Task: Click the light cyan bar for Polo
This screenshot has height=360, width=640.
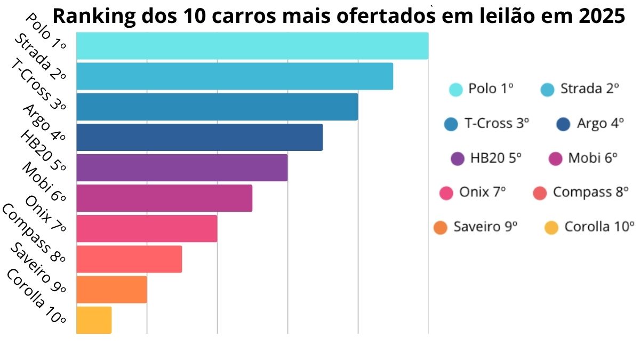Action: (252, 46)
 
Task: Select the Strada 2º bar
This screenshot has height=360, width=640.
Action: (235, 76)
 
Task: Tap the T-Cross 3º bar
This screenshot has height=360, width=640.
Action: (217, 107)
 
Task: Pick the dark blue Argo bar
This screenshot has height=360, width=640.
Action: (199, 137)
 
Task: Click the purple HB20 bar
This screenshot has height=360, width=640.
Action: (182, 167)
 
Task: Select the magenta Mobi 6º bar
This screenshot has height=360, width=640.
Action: (164, 198)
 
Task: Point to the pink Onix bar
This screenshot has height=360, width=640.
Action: (147, 228)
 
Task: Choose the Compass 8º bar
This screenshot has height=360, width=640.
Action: (129, 259)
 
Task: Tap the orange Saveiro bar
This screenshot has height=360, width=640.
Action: (111, 289)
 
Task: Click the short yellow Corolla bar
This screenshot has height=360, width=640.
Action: (94, 320)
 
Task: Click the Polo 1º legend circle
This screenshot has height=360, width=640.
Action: (455, 90)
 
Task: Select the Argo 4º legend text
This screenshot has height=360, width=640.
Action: (600, 124)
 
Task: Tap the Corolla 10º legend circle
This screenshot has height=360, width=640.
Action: (551, 228)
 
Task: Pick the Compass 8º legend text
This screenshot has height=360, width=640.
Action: (590, 192)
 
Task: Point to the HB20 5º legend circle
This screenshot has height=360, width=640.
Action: (458, 158)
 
